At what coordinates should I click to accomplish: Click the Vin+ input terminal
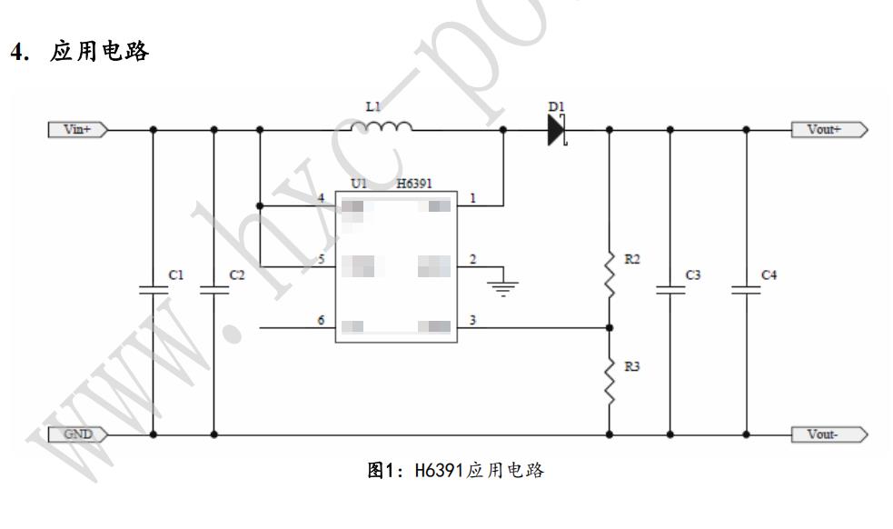point(76,130)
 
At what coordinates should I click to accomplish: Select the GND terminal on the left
point(76,434)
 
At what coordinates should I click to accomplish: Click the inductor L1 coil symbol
point(382,125)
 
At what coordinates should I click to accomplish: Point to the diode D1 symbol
point(556,130)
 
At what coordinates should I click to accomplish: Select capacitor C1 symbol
point(153,291)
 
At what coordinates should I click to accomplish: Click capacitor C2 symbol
point(214,291)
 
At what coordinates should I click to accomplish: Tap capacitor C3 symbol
point(670,291)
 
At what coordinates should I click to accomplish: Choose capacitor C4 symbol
point(746,291)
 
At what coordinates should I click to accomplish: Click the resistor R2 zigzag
point(609,274)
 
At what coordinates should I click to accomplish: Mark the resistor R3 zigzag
point(609,382)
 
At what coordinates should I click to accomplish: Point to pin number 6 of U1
point(320,321)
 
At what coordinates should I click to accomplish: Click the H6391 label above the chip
point(415,184)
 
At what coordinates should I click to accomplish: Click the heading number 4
point(15,52)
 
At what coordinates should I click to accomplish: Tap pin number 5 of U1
point(320,259)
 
